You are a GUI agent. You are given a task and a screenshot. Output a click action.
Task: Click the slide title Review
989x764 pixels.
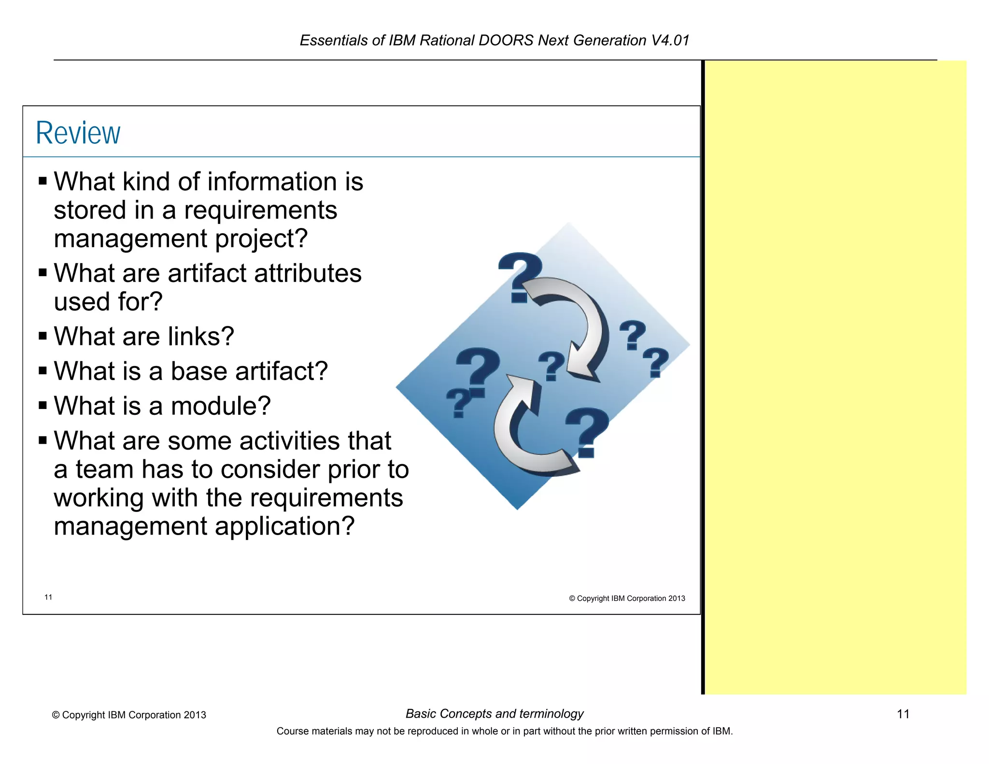(x=78, y=133)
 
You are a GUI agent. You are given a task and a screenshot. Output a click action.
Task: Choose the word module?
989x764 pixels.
(x=221, y=406)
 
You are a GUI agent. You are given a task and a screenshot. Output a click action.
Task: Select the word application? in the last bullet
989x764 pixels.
(x=284, y=526)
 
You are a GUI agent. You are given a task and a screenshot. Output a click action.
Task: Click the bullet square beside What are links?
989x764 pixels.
(x=43, y=336)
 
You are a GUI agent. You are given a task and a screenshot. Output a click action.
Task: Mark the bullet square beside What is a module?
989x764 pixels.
(x=43, y=405)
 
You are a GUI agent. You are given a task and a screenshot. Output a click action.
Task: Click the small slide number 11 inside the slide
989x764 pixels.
(x=48, y=597)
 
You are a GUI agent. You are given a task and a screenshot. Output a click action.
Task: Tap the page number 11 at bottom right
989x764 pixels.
(x=903, y=714)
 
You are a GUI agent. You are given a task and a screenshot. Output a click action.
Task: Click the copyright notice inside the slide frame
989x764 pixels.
(x=627, y=598)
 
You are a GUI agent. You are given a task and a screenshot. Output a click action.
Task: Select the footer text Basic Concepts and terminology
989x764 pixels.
(x=494, y=714)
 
